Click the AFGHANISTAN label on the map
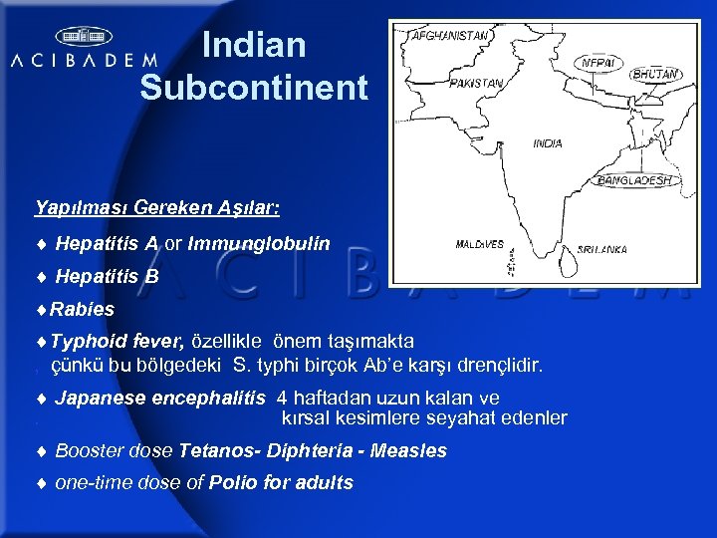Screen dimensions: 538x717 click(x=451, y=35)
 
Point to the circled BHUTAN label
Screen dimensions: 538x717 click(x=656, y=74)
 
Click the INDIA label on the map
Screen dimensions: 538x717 click(x=547, y=143)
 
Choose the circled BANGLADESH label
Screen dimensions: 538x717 click(x=634, y=180)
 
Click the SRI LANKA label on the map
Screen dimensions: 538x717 click(x=602, y=248)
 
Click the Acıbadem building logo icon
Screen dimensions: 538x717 click(x=84, y=37)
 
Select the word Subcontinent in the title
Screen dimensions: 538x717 click(x=254, y=88)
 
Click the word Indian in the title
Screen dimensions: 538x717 click(x=253, y=46)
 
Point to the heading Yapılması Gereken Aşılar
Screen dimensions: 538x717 click(x=157, y=208)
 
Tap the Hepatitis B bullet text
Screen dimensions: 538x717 click(x=107, y=276)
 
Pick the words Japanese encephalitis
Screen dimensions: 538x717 click(x=160, y=399)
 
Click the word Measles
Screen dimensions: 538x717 click(x=408, y=451)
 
